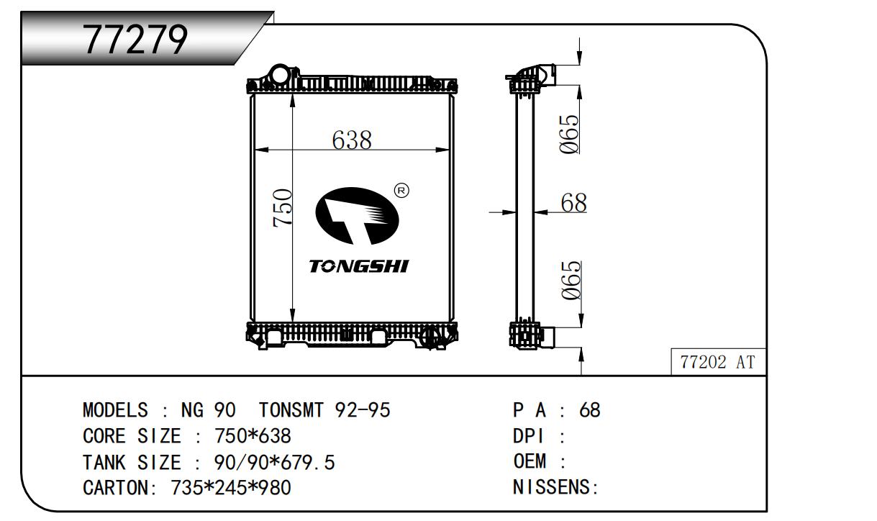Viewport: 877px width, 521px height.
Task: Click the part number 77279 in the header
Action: pos(136,39)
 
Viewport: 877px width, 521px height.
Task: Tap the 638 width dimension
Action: pos(352,140)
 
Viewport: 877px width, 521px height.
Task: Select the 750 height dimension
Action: pos(282,208)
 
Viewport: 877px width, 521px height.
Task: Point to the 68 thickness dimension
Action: pos(573,203)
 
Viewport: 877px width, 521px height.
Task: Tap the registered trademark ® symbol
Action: pos(401,191)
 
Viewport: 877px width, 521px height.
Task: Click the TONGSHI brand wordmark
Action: pos(358,267)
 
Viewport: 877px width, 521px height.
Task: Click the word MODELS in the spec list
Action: pos(115,410)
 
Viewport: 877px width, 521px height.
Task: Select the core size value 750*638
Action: pos(253,436)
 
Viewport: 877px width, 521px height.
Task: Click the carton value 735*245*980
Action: pos(230,488)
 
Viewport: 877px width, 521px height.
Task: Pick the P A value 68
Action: pos(589,410)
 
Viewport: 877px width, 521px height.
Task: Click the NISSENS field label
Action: pos(555,488)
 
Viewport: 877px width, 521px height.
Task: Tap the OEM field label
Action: pos(530,462)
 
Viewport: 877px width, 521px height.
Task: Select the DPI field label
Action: pos(530,436)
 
